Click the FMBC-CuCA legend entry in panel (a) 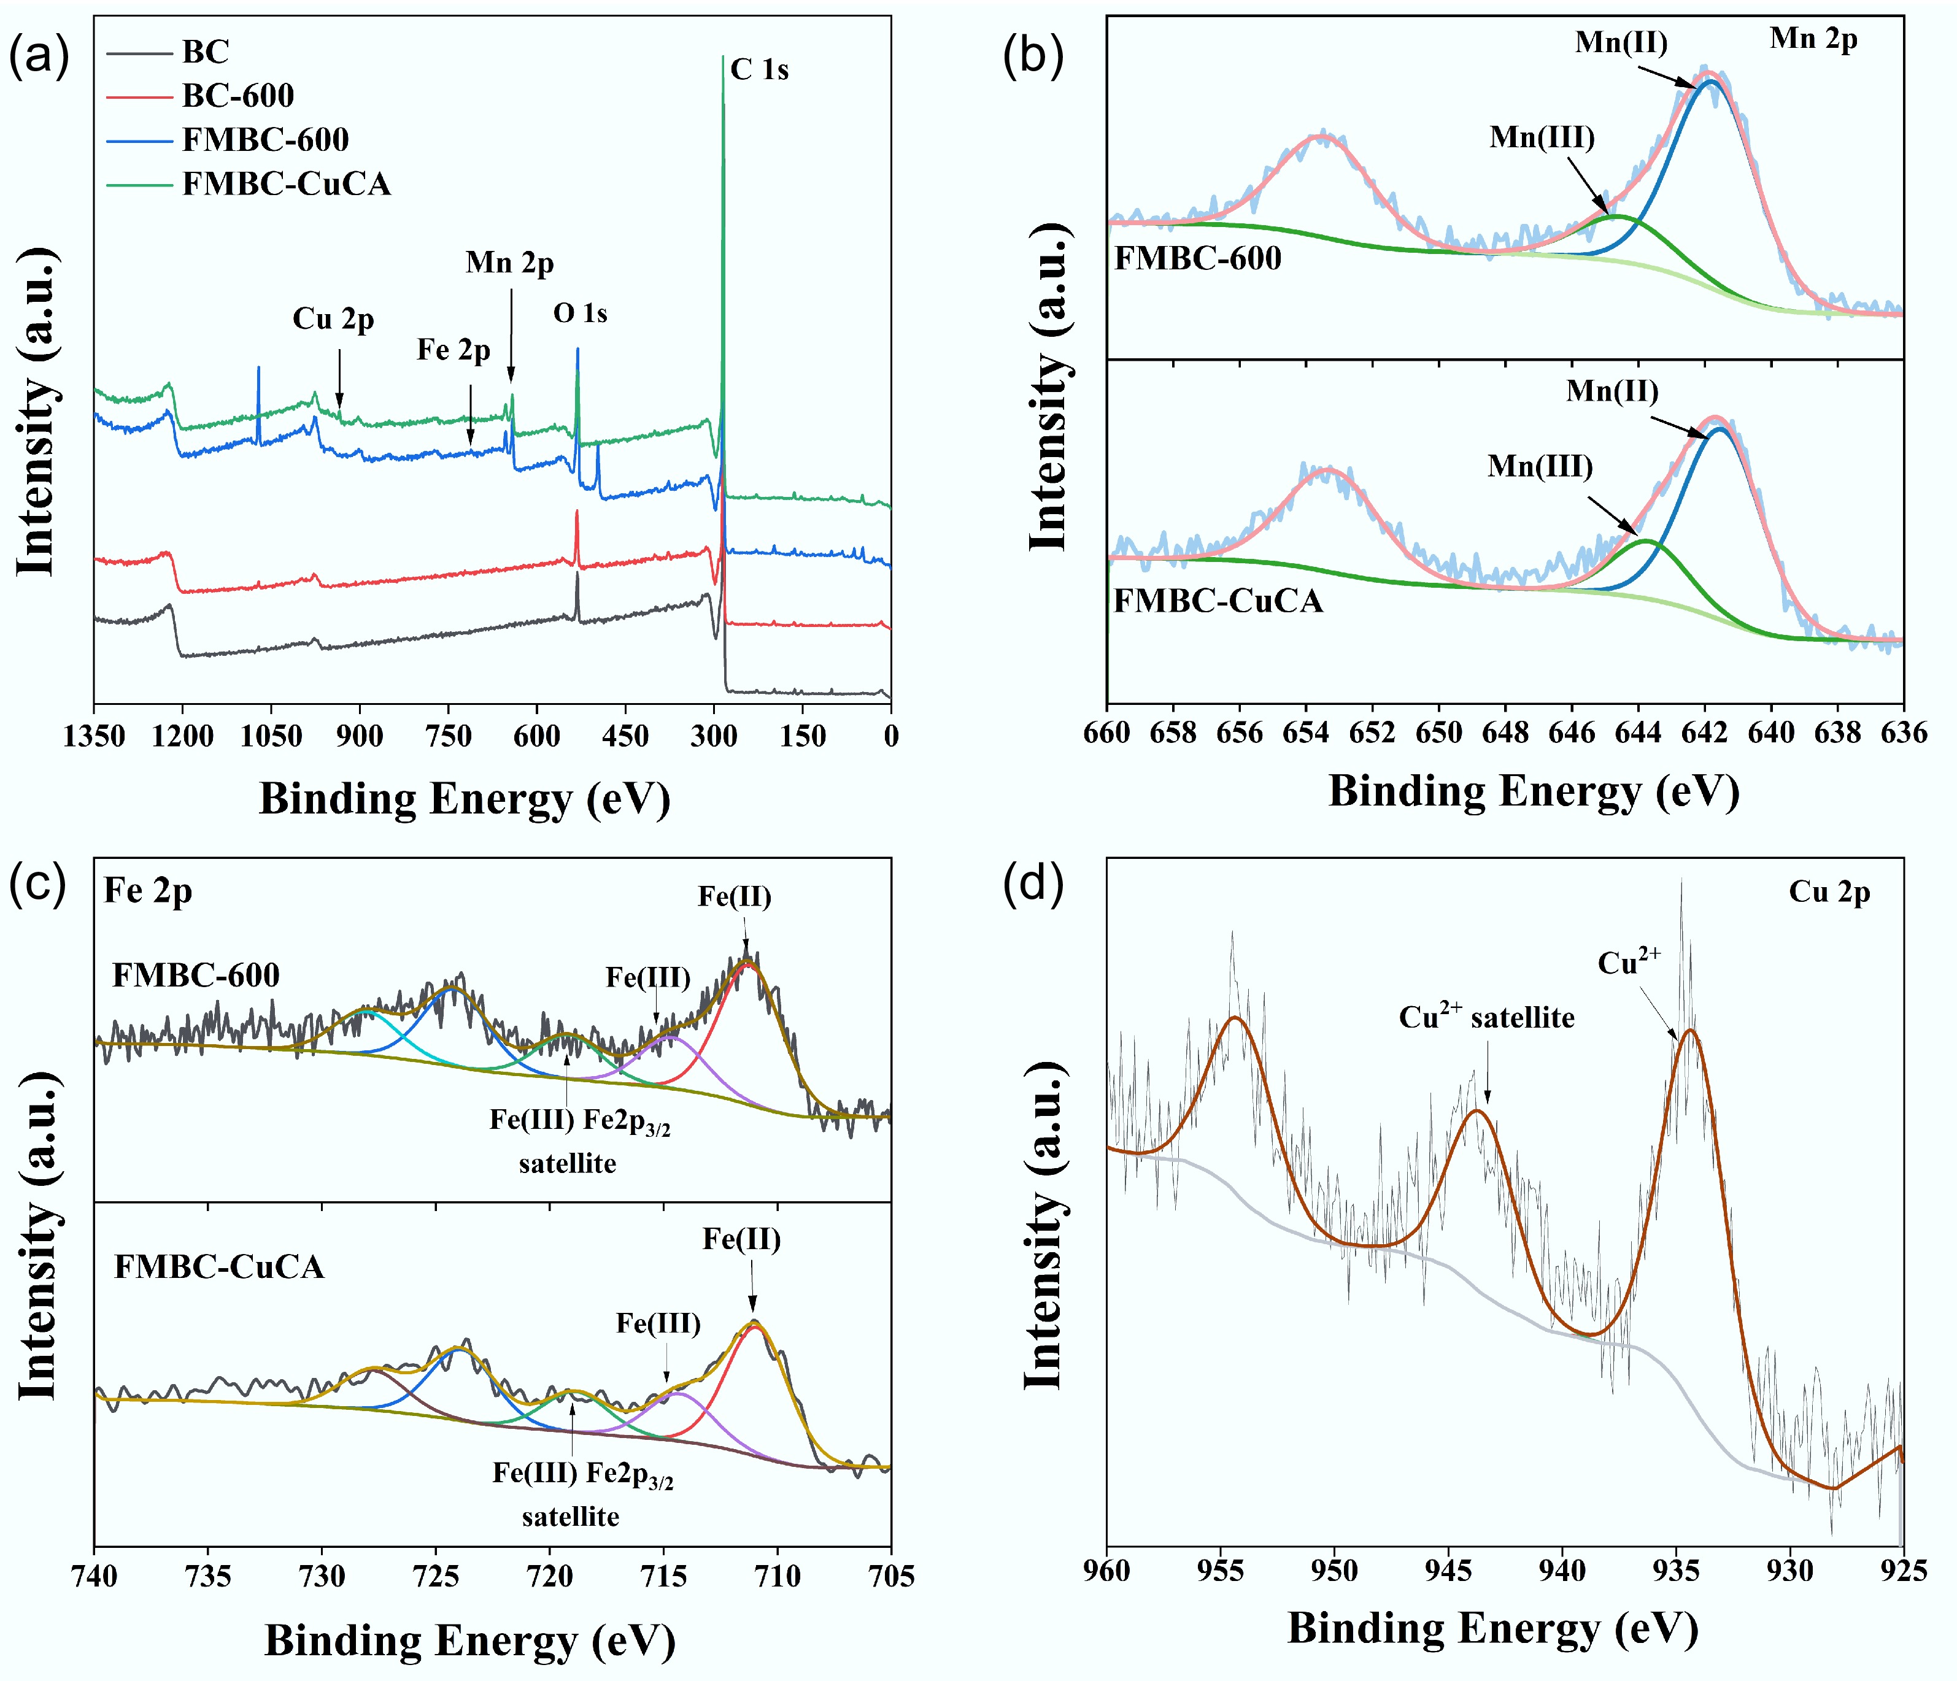click(286, 183)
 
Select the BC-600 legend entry click(238, 95)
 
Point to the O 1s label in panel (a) click(580, 313)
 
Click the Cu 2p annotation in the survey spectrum click(333, 319)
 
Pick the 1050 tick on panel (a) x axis click(271, 736)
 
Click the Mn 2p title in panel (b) click(1813, 39)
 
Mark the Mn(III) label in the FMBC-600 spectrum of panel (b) click(1542, 138)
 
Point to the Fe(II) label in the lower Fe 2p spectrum click(741, 1239)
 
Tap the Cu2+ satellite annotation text click(1486, 1017)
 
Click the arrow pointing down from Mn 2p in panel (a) click(512, 335)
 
